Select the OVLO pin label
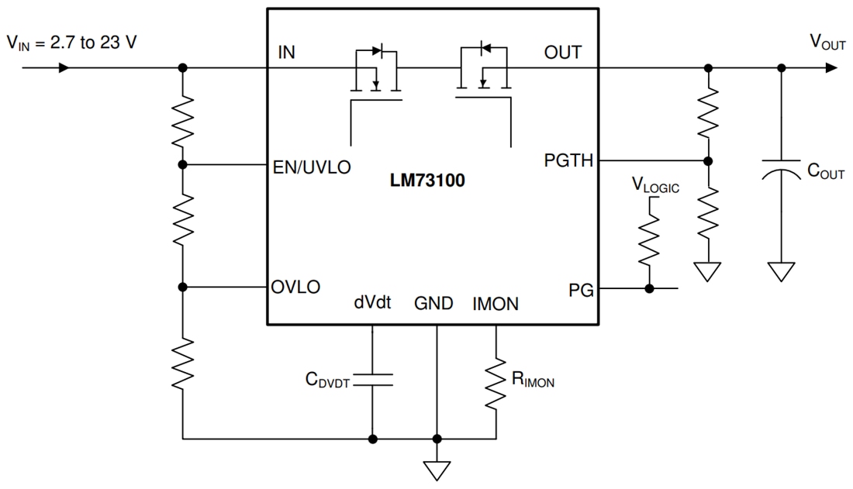pyautogui.click(x=295, y=287)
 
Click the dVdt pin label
pyautogui.click(x=372, y=304)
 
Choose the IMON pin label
pyautogui.click(x=496, y=304)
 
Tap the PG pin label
pyautogui.click(x=581, y=290)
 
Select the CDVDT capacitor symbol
pyautogui.click(x=373, y=379)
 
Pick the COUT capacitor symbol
pyautogui.click(x=782, y=171)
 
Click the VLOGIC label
pyautogui.click(x=655, y=186)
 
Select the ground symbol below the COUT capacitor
pyautogui.click(x=782, y=271)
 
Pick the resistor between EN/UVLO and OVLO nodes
pyautogui.click(x=183, y=225)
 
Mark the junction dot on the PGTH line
pyautogui.click(x=708, y=161)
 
